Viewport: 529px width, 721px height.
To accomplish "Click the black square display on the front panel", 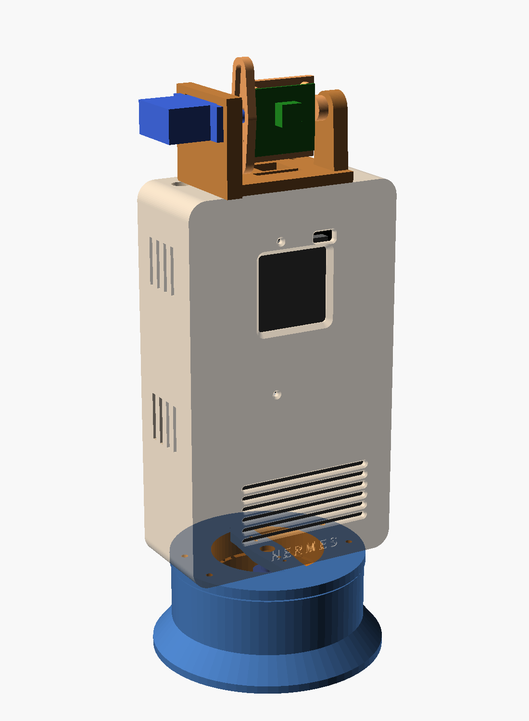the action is (292, 289).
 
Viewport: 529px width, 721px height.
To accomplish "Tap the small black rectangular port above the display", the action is (323, 236).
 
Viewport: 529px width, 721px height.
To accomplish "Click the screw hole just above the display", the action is (281, 241).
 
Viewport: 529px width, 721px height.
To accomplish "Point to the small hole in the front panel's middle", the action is (277, 394).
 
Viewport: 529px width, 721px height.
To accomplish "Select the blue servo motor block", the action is (180, 119).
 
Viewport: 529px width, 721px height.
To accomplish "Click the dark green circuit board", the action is (285, 120).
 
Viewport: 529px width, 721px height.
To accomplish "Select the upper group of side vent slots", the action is (162, 266).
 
